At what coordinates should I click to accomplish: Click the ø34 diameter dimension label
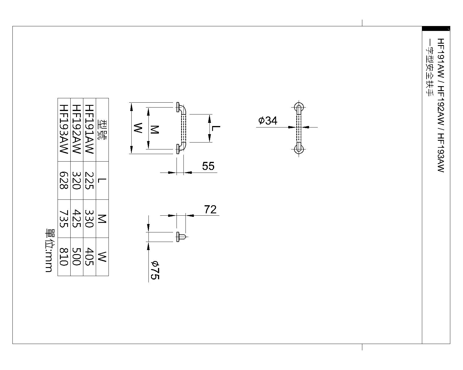[x=268, y=121]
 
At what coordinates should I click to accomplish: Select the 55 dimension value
[x=208, y=166]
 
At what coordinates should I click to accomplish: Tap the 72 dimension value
[x=210, y=209]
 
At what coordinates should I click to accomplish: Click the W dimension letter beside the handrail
[x=138, y=128]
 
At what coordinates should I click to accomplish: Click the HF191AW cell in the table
[x=89, y=129]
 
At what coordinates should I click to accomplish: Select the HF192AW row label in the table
[x=77, y=129]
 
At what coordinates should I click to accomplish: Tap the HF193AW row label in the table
[x=64, y=129]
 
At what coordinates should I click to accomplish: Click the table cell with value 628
[x=64, y=180]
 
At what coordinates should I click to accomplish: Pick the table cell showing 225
[x=89, y=180]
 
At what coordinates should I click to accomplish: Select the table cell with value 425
[x=77, y=219]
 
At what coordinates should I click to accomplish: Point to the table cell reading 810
[x=64, y=257]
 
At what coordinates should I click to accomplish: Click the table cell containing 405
[x=89, y=257]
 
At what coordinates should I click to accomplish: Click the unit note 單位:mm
[x=49, y=250]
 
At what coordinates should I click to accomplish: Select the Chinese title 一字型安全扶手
[x=429, y=68]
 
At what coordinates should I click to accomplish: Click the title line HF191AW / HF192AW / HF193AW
[x=440, y=105]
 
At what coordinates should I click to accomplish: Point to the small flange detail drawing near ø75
[x=181, y=237]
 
